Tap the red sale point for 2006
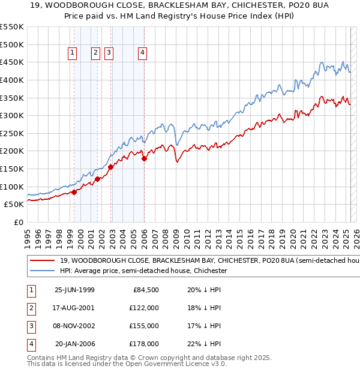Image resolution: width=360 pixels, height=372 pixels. coord(145,159)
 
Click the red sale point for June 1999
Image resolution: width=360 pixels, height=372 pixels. coord(74,192)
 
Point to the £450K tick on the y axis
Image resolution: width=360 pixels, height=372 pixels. coord(12,62)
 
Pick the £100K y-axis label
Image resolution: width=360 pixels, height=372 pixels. coord(12,187)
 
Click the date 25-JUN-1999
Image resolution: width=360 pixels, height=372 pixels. coord(74,290)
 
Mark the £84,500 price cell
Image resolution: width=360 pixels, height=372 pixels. coord(145,290)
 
